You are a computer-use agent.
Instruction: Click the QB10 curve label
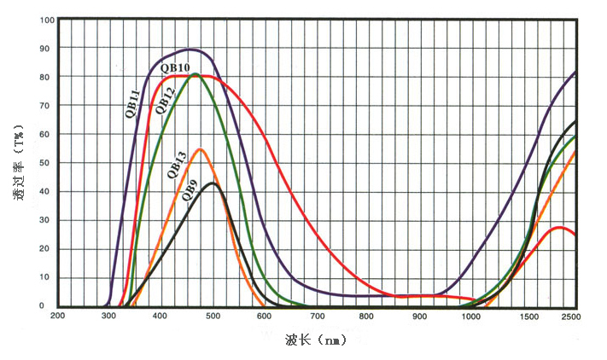(x=175, y=67)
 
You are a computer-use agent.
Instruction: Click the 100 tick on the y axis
(x=48, y=20)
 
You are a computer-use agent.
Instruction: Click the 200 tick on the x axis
(x=58, y=316)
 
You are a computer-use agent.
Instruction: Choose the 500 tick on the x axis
(x=213, y=316)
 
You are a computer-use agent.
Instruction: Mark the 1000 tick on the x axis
(x=471, y=316)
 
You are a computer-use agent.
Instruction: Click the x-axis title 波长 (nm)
(x=317, y=340)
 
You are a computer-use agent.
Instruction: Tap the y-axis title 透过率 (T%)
(x=19, y=163)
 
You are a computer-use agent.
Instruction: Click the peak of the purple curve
(x=191, y=49)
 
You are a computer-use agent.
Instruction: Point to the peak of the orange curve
(x=201, y=149)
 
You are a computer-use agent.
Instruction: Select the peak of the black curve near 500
(x=213, y=183)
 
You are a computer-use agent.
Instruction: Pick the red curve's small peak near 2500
(x=559, y=227)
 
